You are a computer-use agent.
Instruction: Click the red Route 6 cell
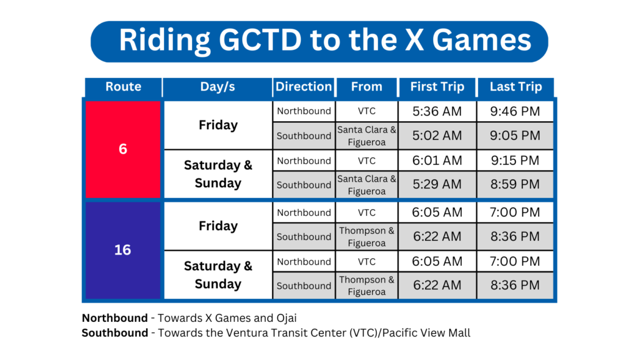(x=123, y=149)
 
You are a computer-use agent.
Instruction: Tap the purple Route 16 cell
(x=123, y=250)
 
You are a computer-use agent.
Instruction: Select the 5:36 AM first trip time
(x=437, y=111)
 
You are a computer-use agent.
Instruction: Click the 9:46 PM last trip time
(x=515, y=111)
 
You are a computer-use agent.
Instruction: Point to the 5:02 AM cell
(x=437, y=135)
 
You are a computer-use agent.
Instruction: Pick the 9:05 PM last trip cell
(x=515, y=135)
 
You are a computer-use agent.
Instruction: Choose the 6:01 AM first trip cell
(x=437, y=160)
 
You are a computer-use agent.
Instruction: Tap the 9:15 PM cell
(x=515, y=160)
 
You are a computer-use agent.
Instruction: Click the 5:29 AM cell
(x=437, y=185)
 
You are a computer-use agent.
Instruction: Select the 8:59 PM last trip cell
(x=515, y=185)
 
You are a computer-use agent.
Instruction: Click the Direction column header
(x=304, y=87)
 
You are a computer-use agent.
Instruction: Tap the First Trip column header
(x=437, y=87)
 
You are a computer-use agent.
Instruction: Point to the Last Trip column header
(x=516, y=87)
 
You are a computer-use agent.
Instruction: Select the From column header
(x=367, y=87)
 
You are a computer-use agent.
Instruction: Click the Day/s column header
(x=218, y=87)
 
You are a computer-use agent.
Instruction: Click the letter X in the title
(x=414, y=40)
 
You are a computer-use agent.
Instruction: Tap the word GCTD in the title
(x=260, y=40)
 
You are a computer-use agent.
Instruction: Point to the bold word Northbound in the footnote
(x=115, y=318)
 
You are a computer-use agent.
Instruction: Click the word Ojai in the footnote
(x=286, y=318)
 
